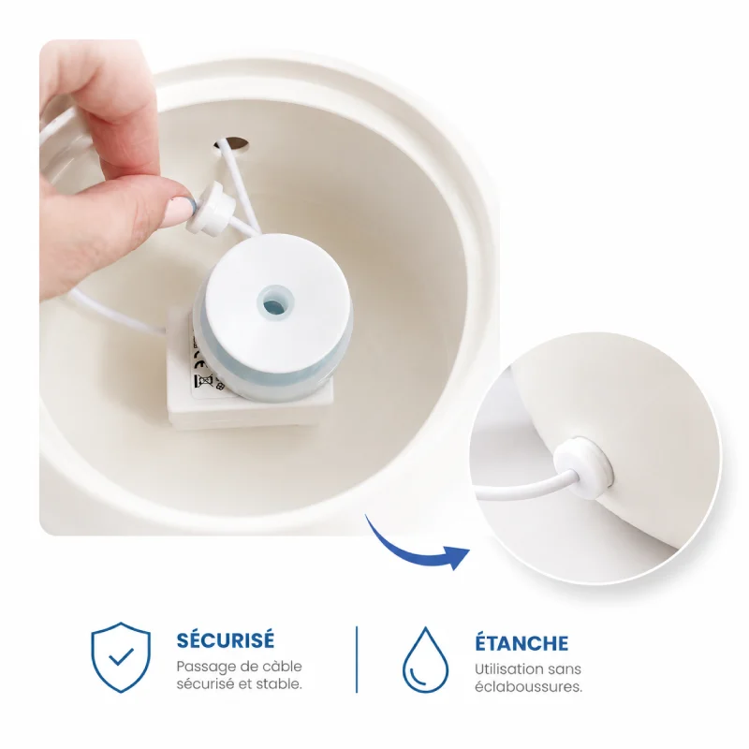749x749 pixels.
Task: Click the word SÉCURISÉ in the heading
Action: pos(226,639)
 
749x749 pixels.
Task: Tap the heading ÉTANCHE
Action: pos(521,643)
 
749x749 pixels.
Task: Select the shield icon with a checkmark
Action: pos(121,657)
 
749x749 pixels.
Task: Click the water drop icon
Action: pos(425,660)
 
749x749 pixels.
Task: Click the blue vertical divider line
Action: pos(357,659)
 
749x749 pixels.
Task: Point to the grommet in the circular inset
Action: pos(583,466)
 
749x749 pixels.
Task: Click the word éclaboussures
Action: pos(528,687)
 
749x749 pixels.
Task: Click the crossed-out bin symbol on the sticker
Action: pos(201,382)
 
